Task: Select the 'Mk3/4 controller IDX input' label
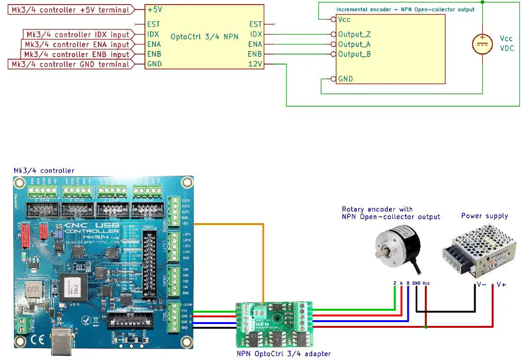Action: tap(78, 35)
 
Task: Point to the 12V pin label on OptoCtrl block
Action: tap(255, 64)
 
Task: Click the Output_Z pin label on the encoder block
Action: tap(354, 35)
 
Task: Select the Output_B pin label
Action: tap(354, 54)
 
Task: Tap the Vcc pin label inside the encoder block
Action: tap(344, 20)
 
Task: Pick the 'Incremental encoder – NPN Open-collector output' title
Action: tap(405, 9)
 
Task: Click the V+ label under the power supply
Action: tap(501, 285)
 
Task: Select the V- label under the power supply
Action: tap(481, 285)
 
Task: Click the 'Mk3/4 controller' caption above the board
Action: tap(44, 171)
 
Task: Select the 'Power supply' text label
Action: tap(484, 216)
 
